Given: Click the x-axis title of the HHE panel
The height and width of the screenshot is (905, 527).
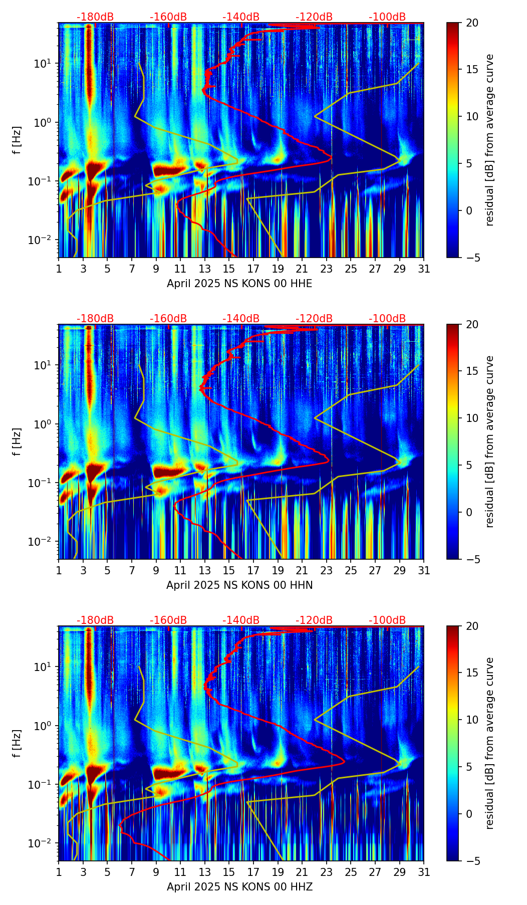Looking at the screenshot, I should (239, 284).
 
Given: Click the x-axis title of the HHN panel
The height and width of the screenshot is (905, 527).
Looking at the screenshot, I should (239, 585).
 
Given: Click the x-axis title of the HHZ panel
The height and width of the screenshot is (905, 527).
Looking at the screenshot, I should (239, 887).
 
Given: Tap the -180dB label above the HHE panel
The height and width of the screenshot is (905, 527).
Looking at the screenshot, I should (95, 17).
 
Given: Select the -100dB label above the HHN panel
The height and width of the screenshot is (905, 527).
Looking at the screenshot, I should (387, 319).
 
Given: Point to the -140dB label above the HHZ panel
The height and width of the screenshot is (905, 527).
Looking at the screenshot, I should (241, 620).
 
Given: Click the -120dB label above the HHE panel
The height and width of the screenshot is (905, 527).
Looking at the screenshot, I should (314, 17).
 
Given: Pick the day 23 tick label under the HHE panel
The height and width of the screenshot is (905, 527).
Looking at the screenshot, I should (327, 269).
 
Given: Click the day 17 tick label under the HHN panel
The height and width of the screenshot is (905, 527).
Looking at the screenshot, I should (253, 571).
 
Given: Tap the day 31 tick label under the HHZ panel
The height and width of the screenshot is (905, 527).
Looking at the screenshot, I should (424, 872).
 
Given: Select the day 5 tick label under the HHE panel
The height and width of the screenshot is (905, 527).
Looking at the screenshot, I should (107, 269).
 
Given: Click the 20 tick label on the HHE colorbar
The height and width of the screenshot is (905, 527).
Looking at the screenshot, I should (472, 23).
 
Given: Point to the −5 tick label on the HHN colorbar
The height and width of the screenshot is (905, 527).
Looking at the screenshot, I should (471, 559).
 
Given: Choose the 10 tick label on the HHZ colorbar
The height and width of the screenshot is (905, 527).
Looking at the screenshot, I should (472, 720).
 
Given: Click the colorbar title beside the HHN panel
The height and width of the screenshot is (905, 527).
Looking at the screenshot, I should (489, 441).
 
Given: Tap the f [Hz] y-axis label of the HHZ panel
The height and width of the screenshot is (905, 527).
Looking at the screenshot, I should (17, 743).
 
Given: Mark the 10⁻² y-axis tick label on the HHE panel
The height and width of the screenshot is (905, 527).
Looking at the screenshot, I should (44, 241).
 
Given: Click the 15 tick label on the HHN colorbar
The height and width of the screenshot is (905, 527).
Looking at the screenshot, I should (472, 371).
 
